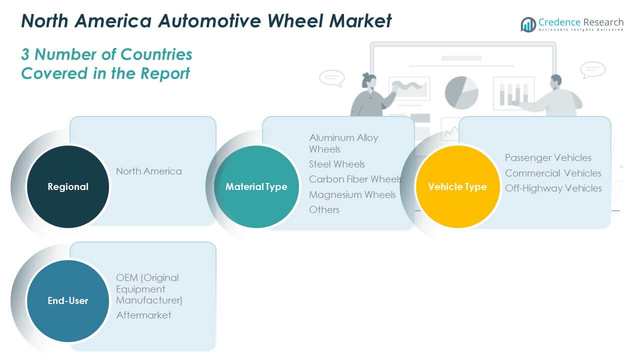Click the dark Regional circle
click(x=68, y=186)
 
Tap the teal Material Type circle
click(x=256, y=186)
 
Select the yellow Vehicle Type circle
click(x=457, y=186)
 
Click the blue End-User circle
click(x=68, y=300)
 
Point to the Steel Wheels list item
click(x=337, y=164)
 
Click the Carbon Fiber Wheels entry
click(x=355, y=179)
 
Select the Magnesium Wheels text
click(x=352, y=194)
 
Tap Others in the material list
click(x=324, y=209)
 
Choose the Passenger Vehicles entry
click(x=548, y=157)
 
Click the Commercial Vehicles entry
click(x=553, y=173)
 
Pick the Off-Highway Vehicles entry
click(x=553, y=188)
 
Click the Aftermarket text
click(x=143, y=315)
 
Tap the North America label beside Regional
click(x=149, y=171)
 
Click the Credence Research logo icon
click(x=528, y=24)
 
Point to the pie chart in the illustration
click(x=461, y=92)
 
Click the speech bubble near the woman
click(x=331, y=78)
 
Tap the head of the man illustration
click(x=556, y=81)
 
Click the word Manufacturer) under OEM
click(x=149, y=300)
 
